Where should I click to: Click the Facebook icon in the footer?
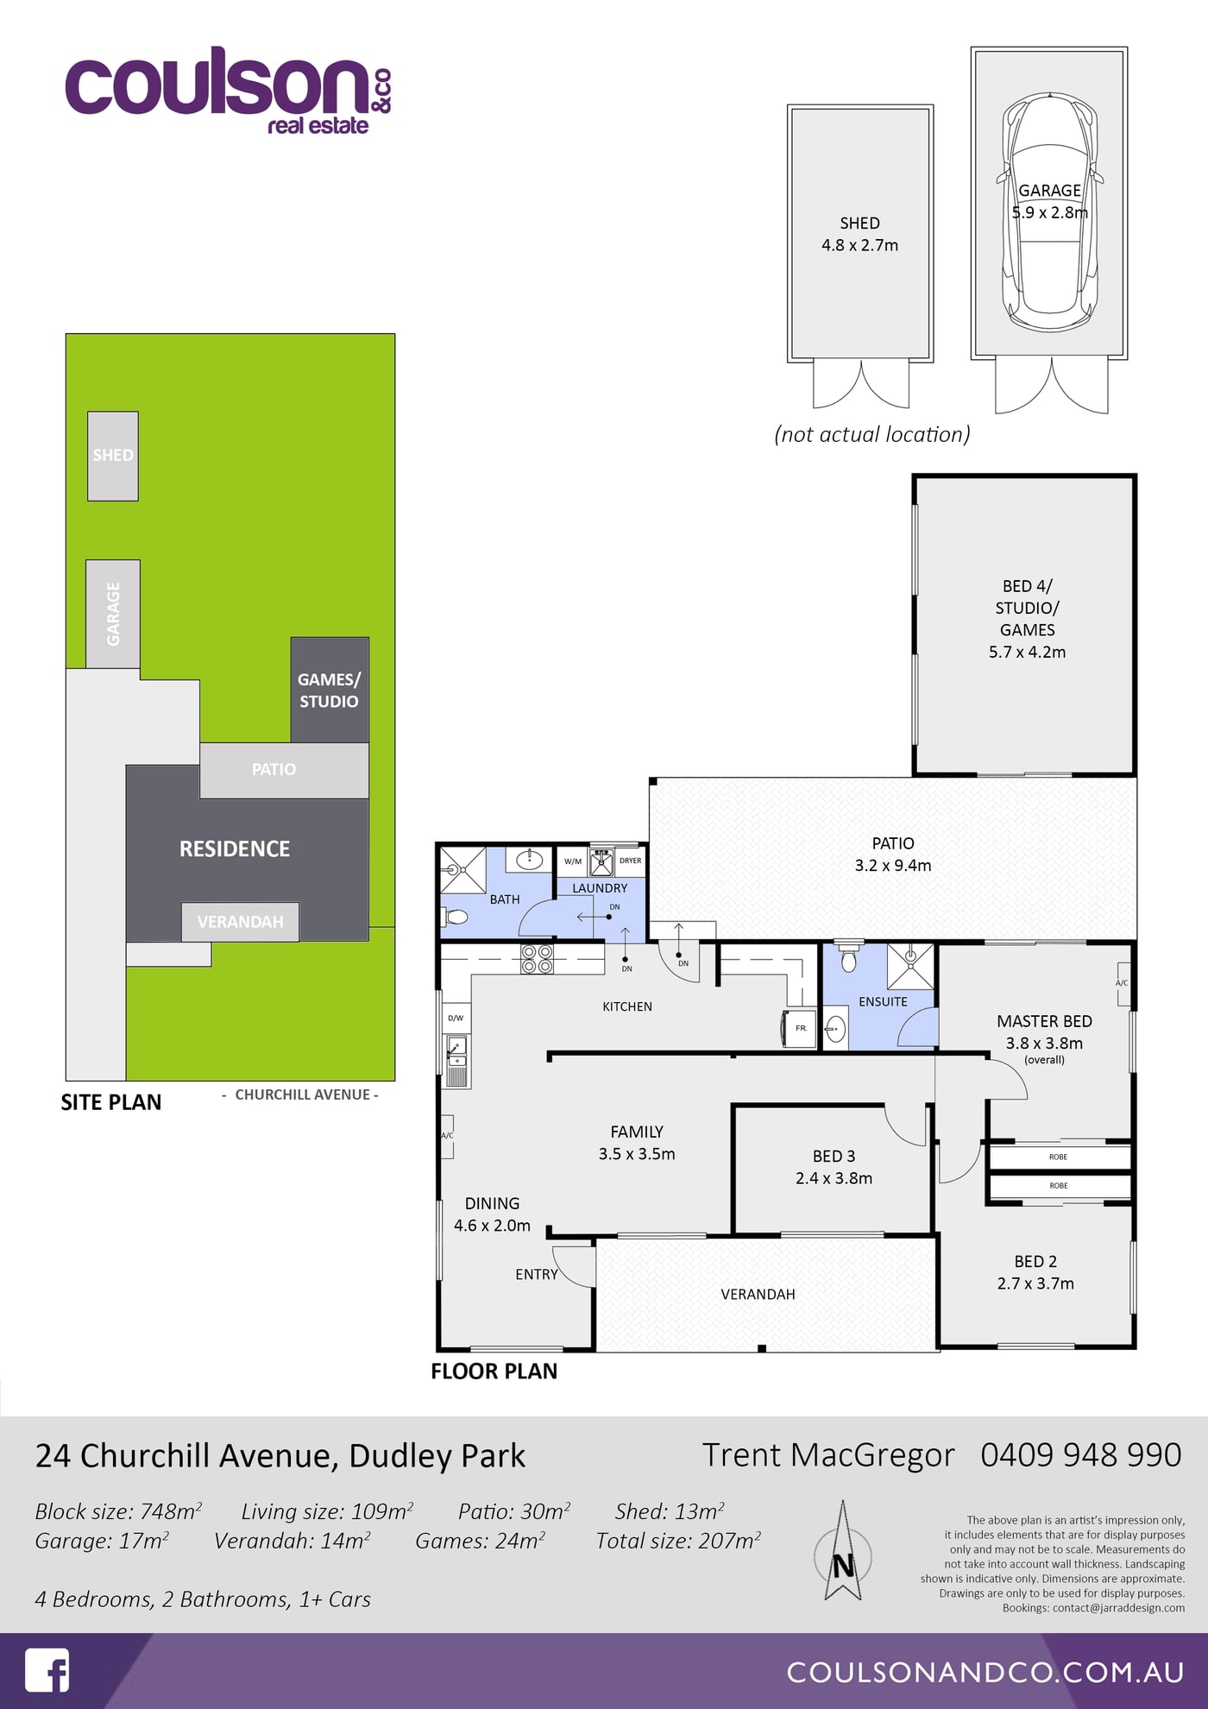[x=47, y=1670]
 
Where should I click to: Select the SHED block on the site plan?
[x=113, y=456]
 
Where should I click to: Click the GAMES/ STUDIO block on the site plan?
[x=330, y=690]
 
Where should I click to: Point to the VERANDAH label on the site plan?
[x=240, y=922]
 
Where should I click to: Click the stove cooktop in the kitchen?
[x=537, y=959]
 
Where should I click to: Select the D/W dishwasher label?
[x=456, y=1018]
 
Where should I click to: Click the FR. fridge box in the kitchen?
[x=800, y=1028]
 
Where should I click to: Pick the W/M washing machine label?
[x=573, y=861]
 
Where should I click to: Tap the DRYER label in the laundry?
[x=631, y=861]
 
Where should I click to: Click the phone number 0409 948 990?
[x=1080, y=1455]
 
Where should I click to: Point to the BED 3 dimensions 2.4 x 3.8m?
[x=834, y=1178]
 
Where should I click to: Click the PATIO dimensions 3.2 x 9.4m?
[x=893, y=866]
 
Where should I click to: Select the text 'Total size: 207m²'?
[x=678, y=1541]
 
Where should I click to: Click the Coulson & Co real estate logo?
[x=229, y=91]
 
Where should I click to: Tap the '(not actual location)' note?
[x=872, y=434]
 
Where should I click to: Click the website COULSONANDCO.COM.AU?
[x=985, y=1672]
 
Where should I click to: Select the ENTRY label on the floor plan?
[x=537, y=1274]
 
